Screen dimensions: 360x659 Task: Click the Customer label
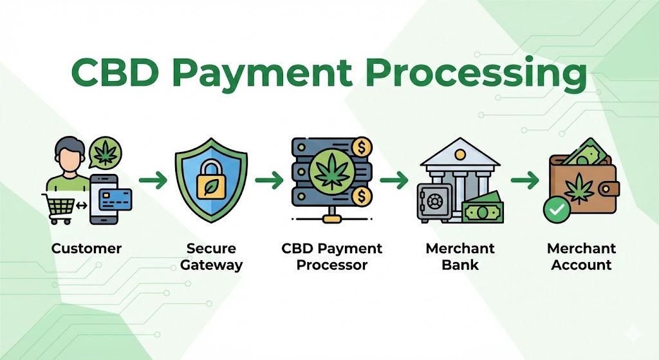87,249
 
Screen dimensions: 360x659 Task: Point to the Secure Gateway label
211,256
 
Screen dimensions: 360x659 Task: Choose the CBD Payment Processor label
332,256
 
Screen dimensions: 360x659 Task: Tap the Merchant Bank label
460,256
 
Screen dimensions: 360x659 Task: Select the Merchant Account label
581,256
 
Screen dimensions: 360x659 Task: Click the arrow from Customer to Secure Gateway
153,180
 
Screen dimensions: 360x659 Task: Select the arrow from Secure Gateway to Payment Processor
269,180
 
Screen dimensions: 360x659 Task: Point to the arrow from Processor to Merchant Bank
394,180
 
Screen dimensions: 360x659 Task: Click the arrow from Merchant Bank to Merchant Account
524,180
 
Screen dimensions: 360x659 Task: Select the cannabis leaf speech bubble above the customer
104,153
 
